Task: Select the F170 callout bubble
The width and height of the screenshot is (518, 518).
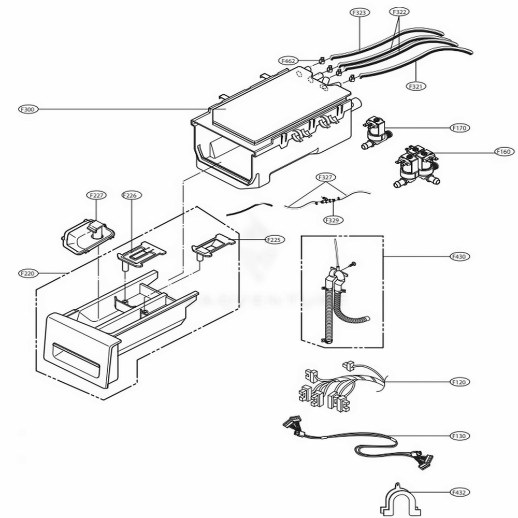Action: (458, 127)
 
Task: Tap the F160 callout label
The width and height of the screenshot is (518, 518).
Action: (503, 152)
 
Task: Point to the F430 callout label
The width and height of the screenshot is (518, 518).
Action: (458, 256)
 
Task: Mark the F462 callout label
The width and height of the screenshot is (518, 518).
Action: (289, 61)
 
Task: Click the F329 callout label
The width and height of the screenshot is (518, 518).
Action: (332, 220)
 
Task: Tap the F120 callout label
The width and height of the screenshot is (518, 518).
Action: (458, 382)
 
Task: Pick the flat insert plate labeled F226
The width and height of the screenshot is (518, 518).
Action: (141, 254)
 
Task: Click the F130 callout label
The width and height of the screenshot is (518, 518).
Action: (458, 436)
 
